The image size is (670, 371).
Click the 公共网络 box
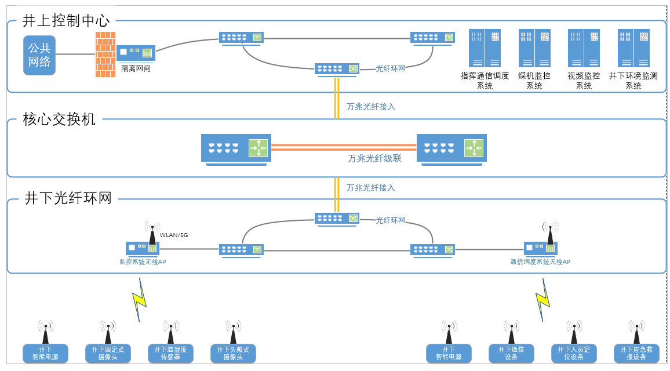point(39,55)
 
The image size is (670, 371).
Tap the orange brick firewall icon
point(105,54)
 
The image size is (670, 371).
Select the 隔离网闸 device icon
point(136,53)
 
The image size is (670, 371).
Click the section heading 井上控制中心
point(65,21)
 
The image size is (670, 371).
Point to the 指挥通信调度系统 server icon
point(485,49)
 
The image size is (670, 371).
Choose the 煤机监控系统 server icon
point(534,49)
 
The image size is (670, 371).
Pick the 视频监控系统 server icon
point(584,49)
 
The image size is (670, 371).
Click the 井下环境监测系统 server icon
point(633,49)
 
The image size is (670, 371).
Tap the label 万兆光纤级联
point(374,158)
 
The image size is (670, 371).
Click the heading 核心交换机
point(59,119)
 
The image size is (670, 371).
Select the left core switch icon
point(235,148)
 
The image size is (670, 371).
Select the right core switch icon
point(451,148)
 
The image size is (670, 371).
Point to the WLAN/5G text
point(174,235)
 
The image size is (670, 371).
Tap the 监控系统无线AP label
point(143,262)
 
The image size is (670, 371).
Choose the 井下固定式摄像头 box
point(108,353)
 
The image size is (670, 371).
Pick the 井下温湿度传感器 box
point(171,353)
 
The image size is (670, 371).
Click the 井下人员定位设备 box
point(574,353)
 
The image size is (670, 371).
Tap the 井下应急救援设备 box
point(636,353)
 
